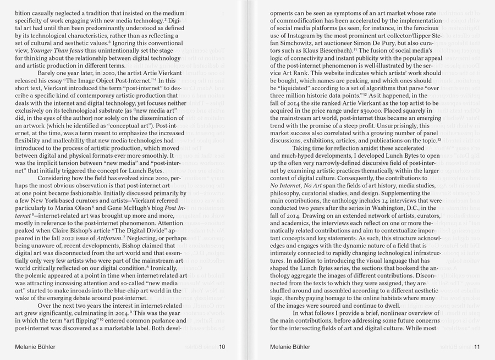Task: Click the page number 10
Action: tap(222, 347)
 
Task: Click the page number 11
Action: tap(477, 347)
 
